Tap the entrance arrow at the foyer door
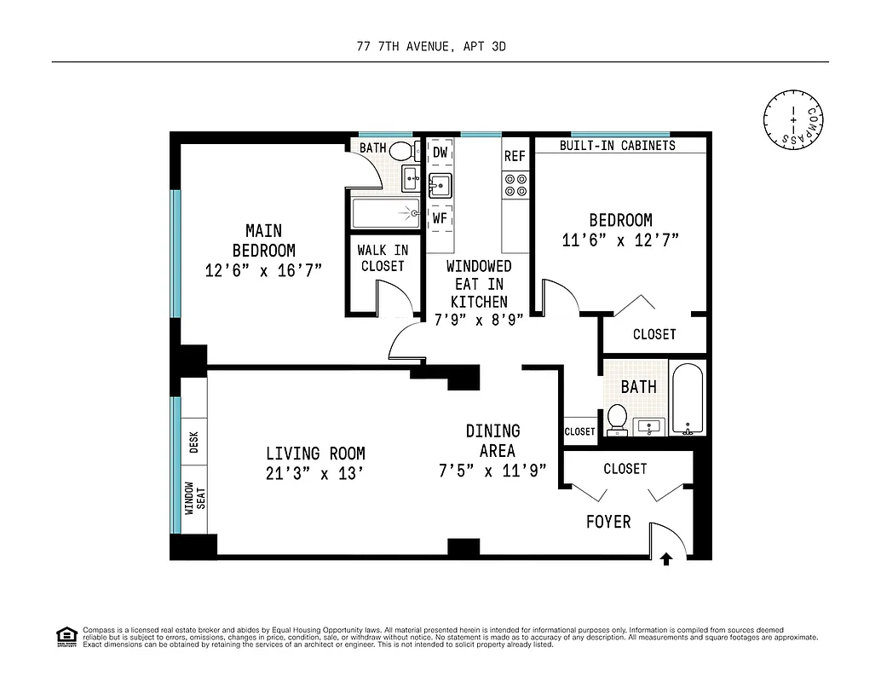point(666,559)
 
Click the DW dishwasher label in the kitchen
point(440,153)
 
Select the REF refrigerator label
point(515,156)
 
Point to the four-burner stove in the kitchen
point(515,186)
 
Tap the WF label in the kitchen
point(440,218)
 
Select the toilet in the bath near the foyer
point(617,418)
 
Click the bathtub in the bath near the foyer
point(688,398)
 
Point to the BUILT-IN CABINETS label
point(617,145)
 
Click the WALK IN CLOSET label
point(383,257)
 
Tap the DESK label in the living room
point(193,442)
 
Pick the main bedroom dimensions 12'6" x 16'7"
point(263,271)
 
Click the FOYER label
point(607,521)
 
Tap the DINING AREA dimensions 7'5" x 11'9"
point(493,471)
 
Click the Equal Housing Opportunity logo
point(66,636)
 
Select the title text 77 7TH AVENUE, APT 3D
point(431,47)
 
